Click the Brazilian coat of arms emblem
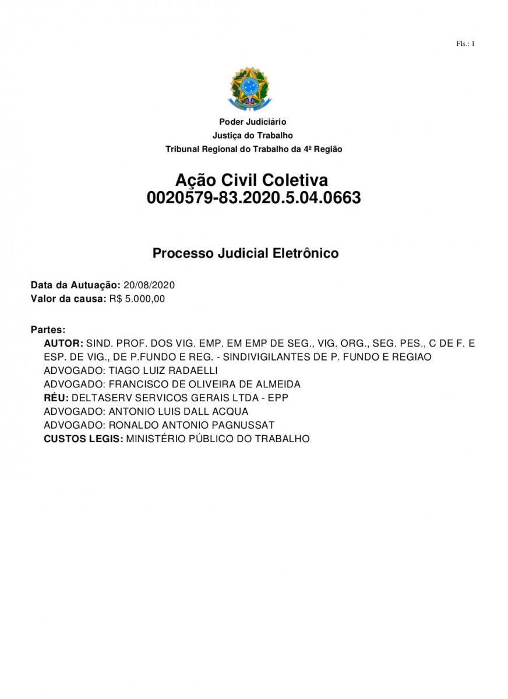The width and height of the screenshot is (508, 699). point(250,89)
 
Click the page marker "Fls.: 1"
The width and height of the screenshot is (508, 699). point(465,44)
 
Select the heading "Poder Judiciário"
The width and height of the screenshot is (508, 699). point(253,122)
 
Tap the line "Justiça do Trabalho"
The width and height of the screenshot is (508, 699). point(253,136)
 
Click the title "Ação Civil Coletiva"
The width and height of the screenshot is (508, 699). point(252,179)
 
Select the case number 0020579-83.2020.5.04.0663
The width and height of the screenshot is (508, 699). point(254,198)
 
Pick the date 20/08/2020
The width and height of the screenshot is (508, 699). point(149,285)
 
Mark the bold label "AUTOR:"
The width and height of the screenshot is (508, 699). point(63,344)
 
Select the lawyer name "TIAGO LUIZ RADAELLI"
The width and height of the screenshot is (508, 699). point(163,370)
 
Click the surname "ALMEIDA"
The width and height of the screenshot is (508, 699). point(279,384)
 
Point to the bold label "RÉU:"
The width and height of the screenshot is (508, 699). point(56,398)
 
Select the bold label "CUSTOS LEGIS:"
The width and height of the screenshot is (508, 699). point(83,439)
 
